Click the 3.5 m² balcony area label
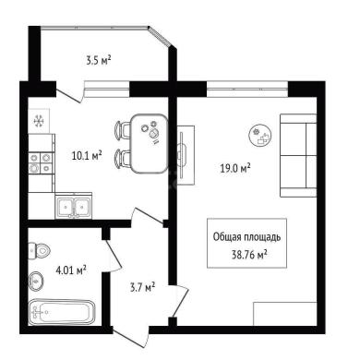coord(99,60)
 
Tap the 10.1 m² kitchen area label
coord(87,155)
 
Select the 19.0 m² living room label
coord(235,168)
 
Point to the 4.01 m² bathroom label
coord(70,270)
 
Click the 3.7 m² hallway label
coord(142,287)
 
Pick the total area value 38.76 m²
coord(249,255)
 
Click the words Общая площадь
coord(246,237)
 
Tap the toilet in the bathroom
coord(39,251)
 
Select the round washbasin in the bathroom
coord(36,281)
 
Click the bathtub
coord(63,312)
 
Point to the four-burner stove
coord(40,163)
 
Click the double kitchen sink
coord(74,206)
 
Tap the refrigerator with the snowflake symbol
coord(39,121)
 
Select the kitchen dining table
coord(149,143)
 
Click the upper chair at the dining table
coord(123,129)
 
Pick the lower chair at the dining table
coord(123,158)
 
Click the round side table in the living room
coord(260,136)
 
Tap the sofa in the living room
coord(298,155)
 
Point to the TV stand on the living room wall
coord(186,155)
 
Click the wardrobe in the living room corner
coord(285,314)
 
